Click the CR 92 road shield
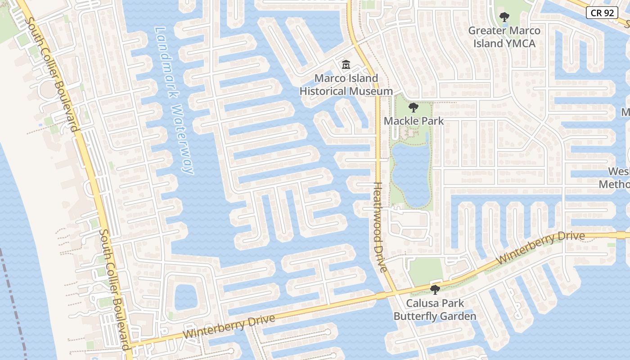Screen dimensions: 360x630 (602, 13)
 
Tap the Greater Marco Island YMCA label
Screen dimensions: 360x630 (504, 37)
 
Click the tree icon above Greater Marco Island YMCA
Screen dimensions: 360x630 (504, 17)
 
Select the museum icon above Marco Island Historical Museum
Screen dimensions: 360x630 (346, 65)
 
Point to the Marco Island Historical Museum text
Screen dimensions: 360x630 (346, 85)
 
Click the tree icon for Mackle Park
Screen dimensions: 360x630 (413, 108)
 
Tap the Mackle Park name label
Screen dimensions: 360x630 (414, 121)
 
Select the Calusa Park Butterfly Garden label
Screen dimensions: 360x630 (435, 310)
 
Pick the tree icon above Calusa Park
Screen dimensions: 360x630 (435, 289)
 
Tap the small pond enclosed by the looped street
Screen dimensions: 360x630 (185, 297)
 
